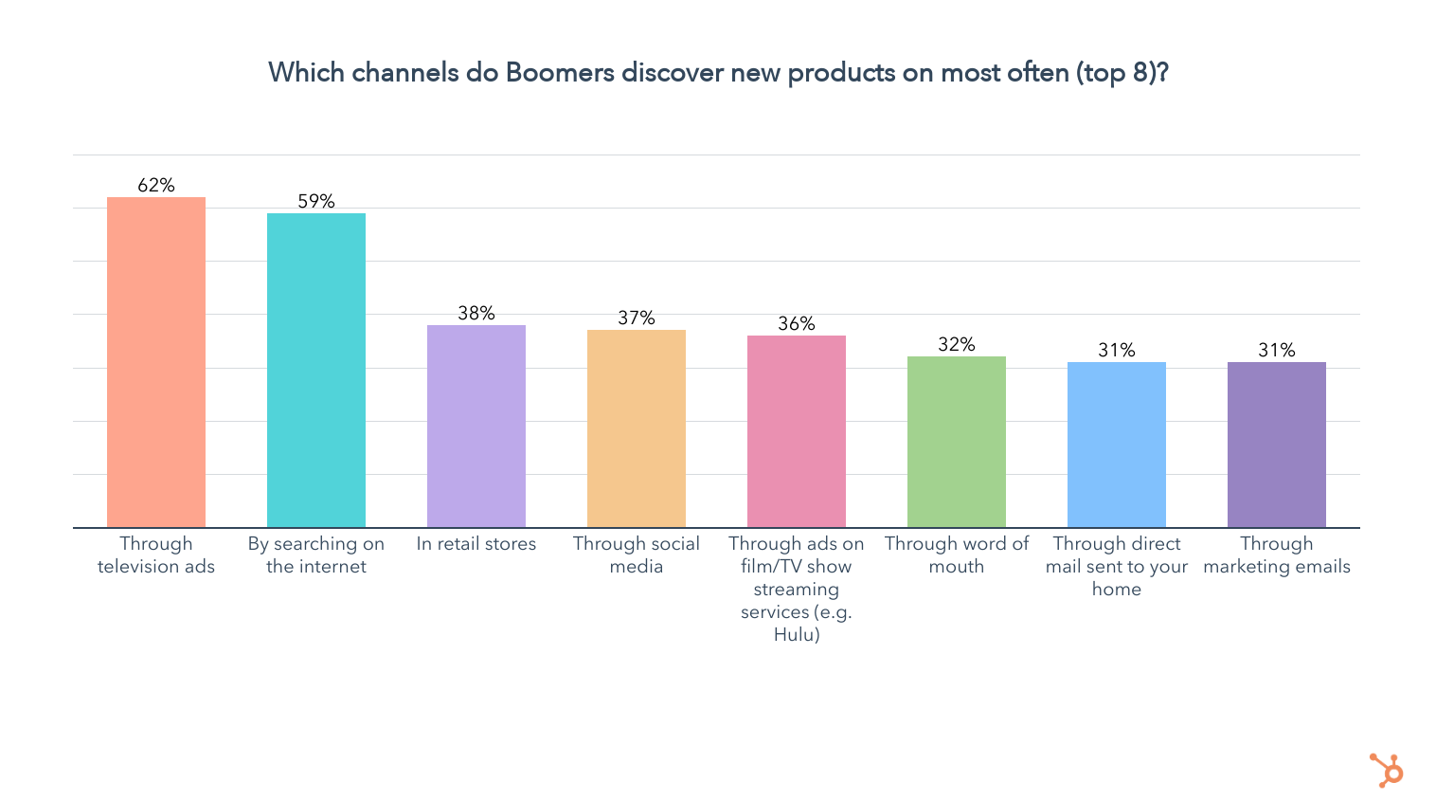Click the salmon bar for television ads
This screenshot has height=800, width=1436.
[x=156, y=362]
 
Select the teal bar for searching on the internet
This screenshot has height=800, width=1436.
[x=316, y=370]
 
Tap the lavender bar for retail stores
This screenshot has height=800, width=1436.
[x=476, y=426]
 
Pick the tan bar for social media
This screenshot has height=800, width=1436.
[x=637, y=428]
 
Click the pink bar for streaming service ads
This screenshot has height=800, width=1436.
[x=797, y=431]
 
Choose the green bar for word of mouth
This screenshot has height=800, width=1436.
[x=957, y=442]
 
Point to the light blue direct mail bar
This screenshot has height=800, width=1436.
[x=1117, y=445]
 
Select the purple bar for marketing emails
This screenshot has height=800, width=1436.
[x=1277, y=445]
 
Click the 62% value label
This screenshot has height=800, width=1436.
[x=156, y=185]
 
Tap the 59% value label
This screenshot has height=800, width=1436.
[x=316, y=201]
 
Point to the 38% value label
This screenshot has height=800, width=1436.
[x=476, y=313]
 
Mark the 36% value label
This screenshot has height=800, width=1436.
[x=797, y=323]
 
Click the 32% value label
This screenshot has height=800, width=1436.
[x=957, y=344]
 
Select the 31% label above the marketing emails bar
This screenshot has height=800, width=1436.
[x=1277, y=350]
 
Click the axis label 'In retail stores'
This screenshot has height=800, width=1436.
[x=476, y=544]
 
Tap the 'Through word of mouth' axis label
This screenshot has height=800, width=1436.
[x=957, y=555]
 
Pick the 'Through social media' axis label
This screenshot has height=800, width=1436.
[x=637, y=555]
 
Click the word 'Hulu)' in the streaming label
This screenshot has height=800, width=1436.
[x=797, y=634]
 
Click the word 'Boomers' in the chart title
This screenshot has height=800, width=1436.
[x=560, y=73]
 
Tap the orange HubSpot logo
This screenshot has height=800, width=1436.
[x=1387, y=770]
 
